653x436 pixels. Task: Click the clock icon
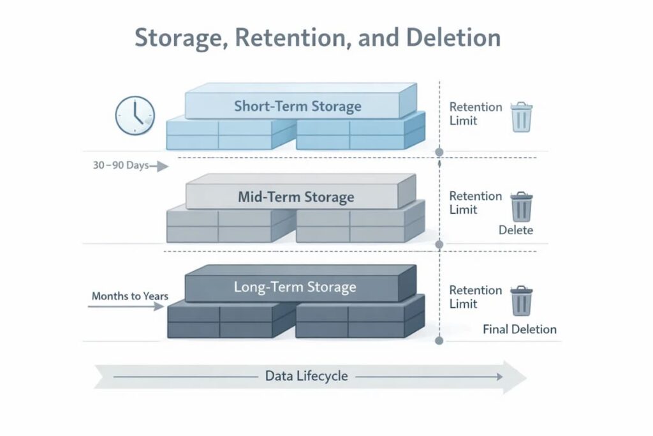[135, 116]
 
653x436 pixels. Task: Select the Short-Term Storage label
[297, 106]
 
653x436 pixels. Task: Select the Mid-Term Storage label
[296, 197]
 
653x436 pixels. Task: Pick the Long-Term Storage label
[295, 287]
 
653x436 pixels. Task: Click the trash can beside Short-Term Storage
[521, 117]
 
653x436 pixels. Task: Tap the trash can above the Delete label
[522, 206]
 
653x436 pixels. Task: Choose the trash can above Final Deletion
[522, 300]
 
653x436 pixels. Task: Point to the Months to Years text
[130, 296]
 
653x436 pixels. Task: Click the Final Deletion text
[520, 329]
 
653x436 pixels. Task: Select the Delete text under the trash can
[515, 230]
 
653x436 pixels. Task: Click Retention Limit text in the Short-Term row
[475, 114]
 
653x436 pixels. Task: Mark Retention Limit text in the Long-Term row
[475, 297]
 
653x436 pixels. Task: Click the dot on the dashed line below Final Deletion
[439, 341]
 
